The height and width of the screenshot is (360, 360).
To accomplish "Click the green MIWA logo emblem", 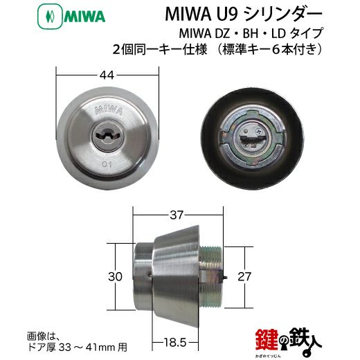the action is coord(50,17).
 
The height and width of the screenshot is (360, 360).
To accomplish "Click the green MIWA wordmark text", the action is coord(84,17).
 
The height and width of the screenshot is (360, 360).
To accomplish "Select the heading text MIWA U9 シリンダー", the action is coord(243,15).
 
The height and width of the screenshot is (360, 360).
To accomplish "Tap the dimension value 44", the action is coord(107,75).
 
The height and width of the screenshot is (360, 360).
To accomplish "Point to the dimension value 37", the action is coord(177,215).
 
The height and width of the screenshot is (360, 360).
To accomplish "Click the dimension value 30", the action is coord(115,276).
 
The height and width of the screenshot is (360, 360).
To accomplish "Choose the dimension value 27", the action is coord(244,276).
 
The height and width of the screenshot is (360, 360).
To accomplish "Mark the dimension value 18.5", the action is coord(175,343).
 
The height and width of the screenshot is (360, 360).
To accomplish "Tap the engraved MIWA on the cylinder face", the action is coord(109,110).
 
